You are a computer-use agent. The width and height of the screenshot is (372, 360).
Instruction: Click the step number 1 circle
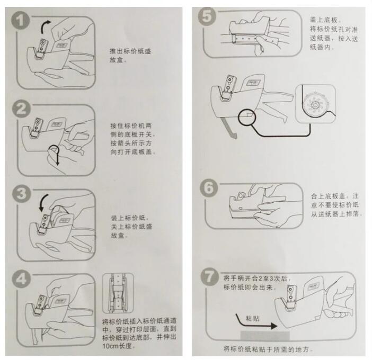tap(21, 20)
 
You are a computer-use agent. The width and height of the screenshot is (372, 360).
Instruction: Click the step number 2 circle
tap(21, 109)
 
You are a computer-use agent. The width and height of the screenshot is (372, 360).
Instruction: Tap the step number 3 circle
tap(21, 193)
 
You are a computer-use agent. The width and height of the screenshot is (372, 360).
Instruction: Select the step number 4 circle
tap(21, 278)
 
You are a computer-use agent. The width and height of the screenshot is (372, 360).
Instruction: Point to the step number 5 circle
tap(207, 16)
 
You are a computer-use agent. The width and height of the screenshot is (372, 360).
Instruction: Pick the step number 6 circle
tap(209, 188)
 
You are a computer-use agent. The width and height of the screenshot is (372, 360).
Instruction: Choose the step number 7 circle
tap(209, 276)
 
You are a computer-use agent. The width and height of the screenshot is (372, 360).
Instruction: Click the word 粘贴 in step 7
tap(252, 318)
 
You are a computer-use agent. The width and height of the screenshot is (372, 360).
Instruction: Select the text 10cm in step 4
tap(110, 346)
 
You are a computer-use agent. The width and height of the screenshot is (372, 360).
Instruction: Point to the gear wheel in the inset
tap(316, 104)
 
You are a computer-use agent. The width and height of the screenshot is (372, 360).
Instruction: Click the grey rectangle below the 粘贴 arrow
tap(265, 336)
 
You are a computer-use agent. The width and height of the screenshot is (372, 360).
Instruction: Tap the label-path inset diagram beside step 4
tap(118, 293)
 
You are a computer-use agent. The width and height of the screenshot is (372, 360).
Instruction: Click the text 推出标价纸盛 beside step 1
tap(130, 51)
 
